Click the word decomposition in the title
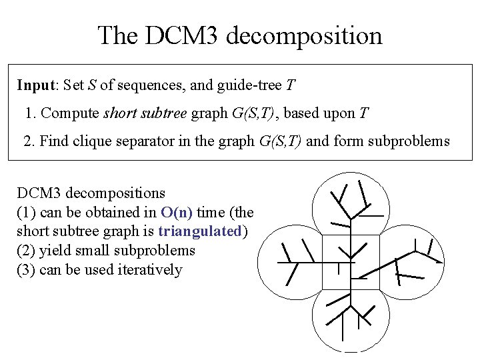pyautogui.click(x=304, y=37)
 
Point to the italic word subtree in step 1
pyautogui.click(x=165, y=113)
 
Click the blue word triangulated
pyautogui.click(x=202, y=231)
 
